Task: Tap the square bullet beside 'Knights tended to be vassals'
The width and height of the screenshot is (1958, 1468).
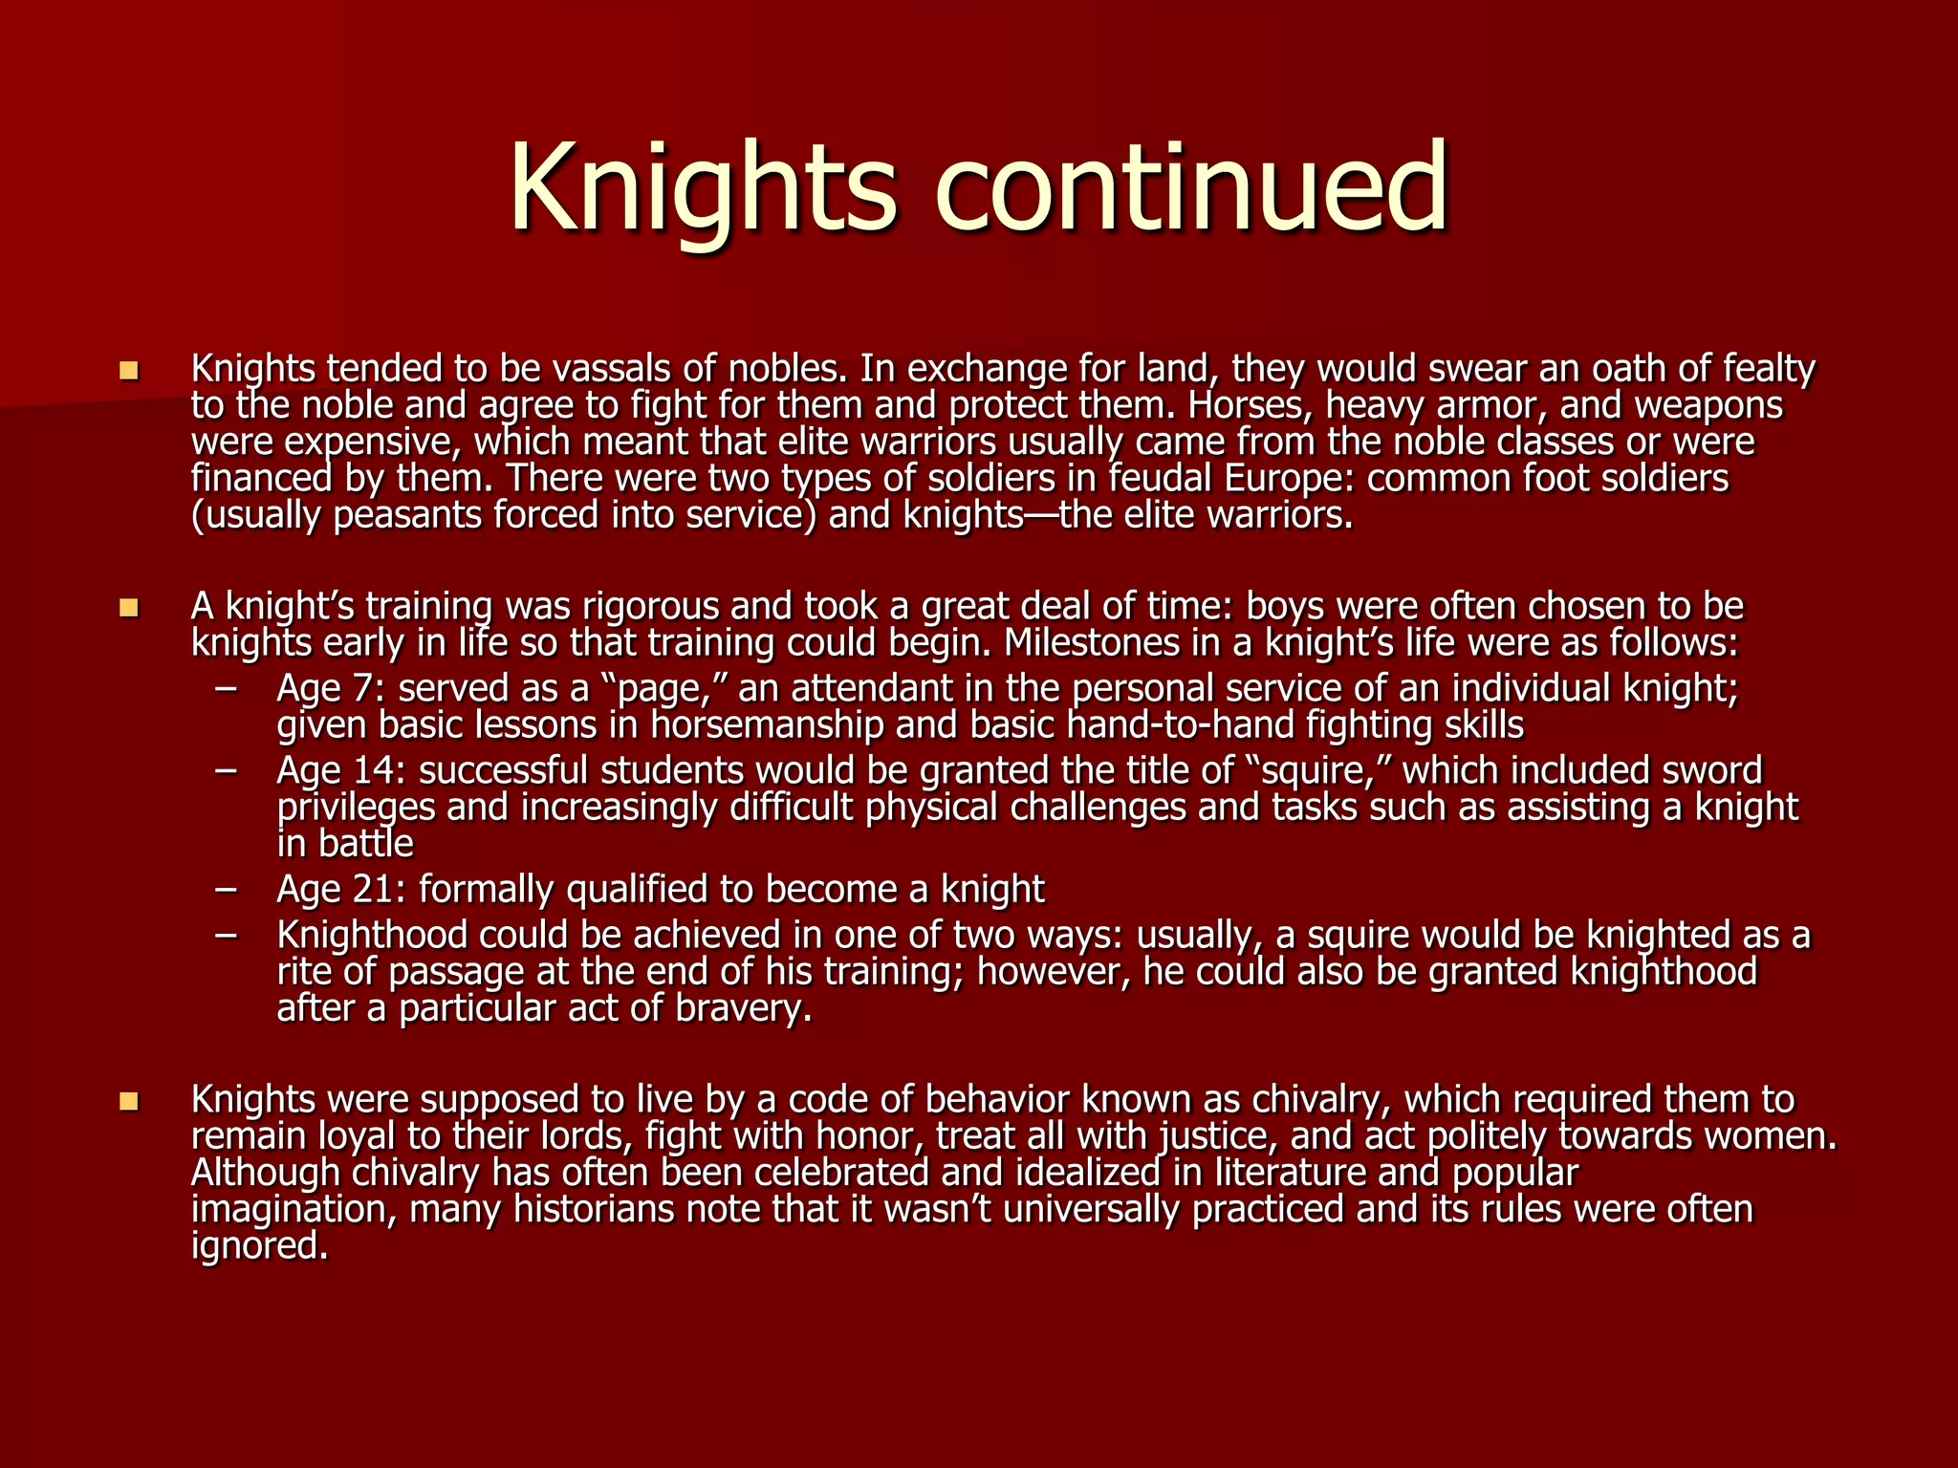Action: tap(129, 369)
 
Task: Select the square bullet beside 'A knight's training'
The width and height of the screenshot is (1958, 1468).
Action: tap(129, 607)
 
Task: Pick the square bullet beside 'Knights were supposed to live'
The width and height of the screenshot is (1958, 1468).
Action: tap(129, 1101)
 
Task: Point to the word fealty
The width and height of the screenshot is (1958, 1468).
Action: tap(1769, 368)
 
